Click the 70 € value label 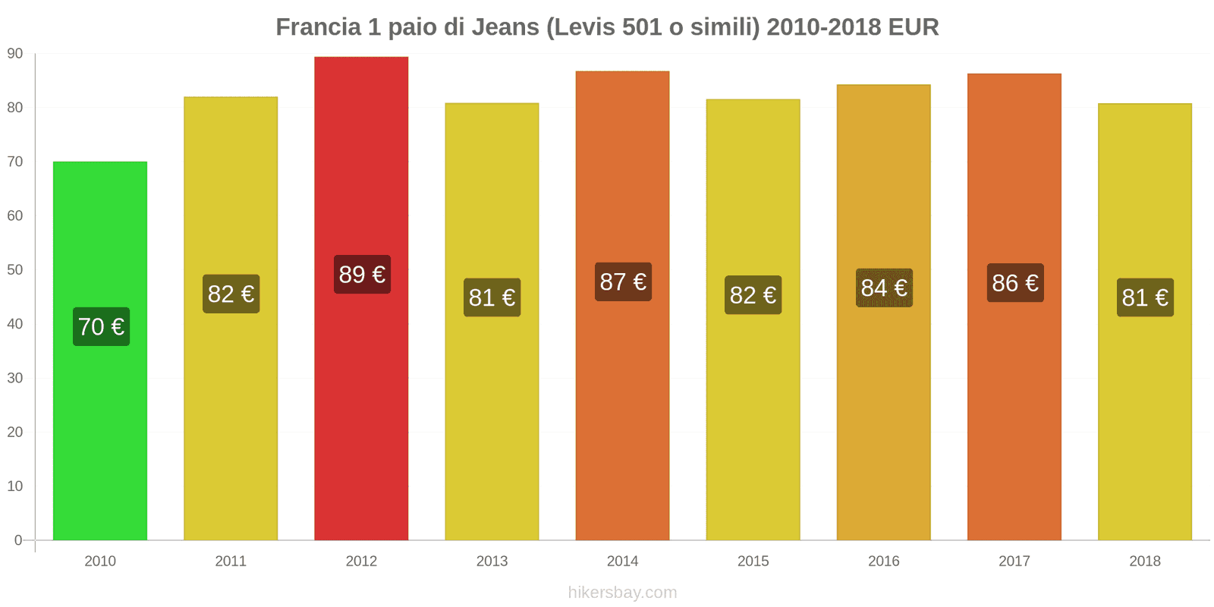pos(101,326)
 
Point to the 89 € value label pos(362,274)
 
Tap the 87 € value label pos(623,281)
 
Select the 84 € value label pos(884,288)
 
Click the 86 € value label pos(1015,283)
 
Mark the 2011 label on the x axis pos(231,561)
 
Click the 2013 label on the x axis pos(492,561)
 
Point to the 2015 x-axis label pos(753,561)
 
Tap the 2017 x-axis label pos(1014,561)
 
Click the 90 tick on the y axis pos(15,54)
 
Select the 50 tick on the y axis pos(15,270)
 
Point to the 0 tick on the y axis pos(18,540)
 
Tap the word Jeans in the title pos(505,27)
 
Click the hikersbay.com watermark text pos(622,593)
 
